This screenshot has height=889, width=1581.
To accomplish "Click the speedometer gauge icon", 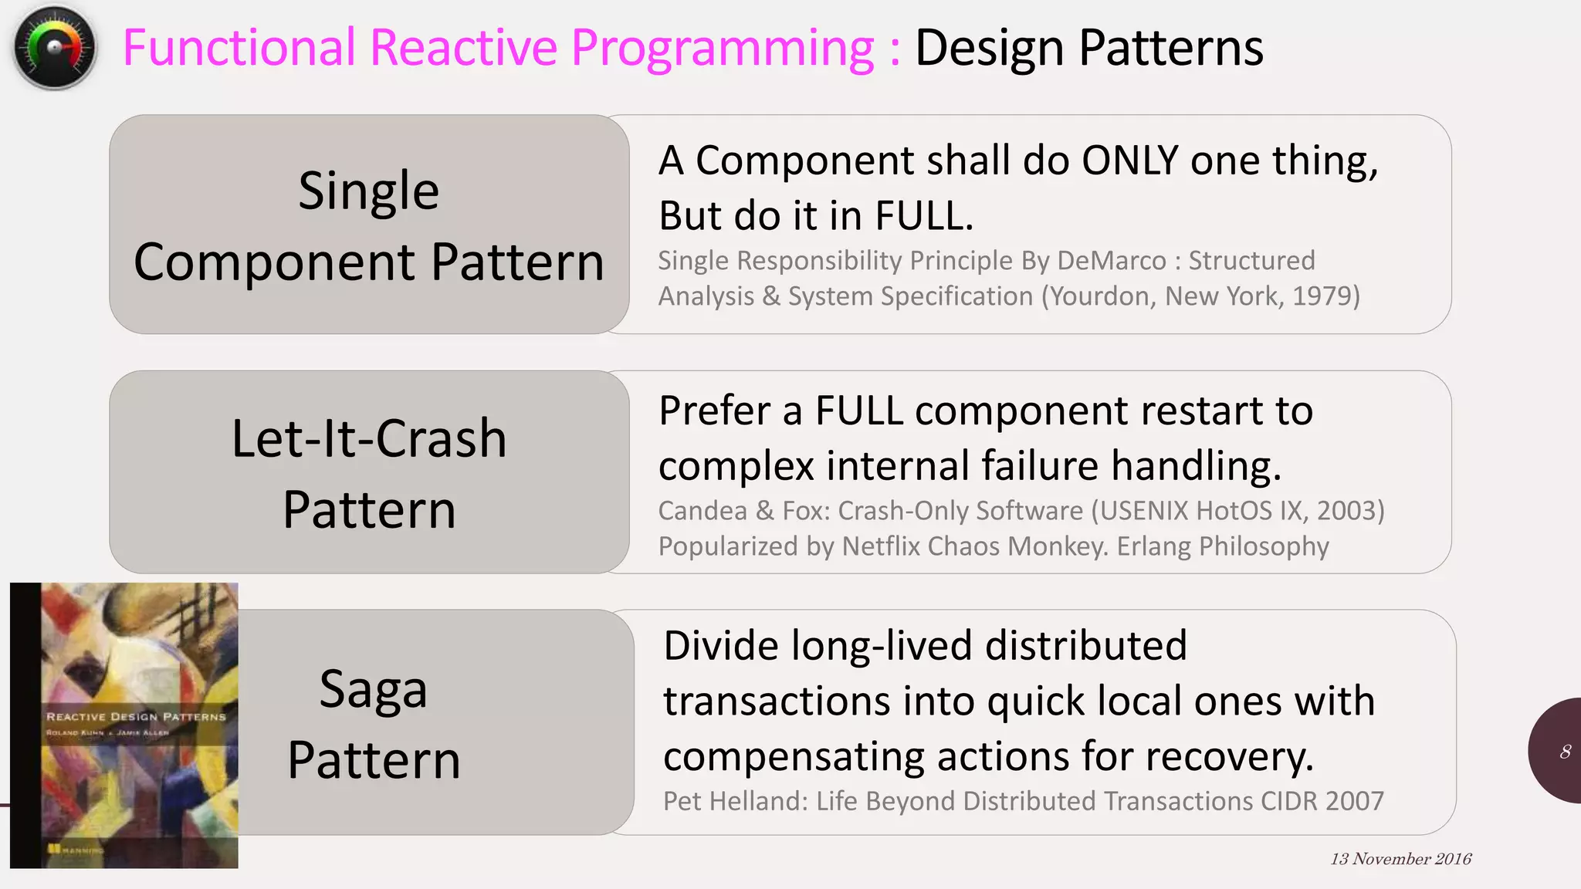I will [54, 48].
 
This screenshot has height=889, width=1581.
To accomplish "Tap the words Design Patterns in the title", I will [1088, 48].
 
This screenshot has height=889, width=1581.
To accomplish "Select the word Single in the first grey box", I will [369, 191].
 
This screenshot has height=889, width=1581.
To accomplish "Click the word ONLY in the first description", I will [1130, 161].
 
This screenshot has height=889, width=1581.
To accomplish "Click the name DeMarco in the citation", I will [1111, 261].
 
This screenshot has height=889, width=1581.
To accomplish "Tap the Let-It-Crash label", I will [369, 438].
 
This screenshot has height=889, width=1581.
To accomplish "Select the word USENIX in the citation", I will [1147, 511].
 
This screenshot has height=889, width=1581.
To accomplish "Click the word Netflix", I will [882, 546].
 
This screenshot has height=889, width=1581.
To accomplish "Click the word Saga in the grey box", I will [373, 688].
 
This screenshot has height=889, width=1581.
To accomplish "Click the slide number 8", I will [1565, 752].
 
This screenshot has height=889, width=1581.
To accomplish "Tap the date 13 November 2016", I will [1400, 859].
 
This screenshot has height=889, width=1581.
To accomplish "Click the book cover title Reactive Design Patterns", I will [136, 717].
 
